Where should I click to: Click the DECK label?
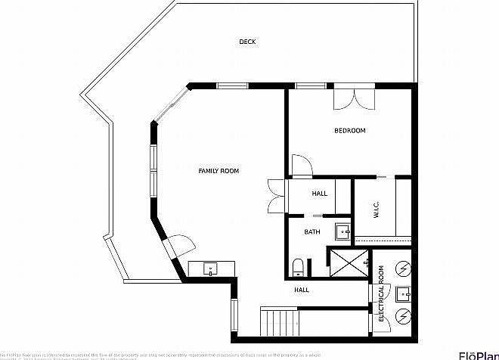coord(247,42)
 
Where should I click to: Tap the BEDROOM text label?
coord(349,131)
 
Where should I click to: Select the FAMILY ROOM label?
coord(219,172)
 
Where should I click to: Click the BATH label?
coord(311,232)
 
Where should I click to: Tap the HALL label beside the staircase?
coord(302,290)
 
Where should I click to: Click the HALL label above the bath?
coord(319,194)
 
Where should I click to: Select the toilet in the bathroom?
coord(298,266)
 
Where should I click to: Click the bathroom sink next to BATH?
coord(342,231)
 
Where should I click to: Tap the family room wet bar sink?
coord(209,268)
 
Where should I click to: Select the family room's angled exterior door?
coord(179,245)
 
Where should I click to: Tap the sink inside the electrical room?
coord(405,292)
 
